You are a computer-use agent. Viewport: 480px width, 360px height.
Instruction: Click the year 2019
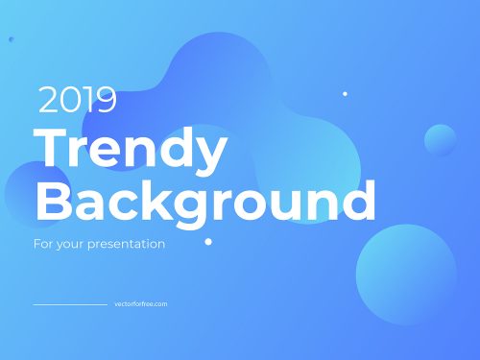tap(77, 100)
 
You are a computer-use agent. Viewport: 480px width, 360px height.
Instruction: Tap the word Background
tap(204, 203)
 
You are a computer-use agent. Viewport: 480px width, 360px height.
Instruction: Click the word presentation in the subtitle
tap(127, 244)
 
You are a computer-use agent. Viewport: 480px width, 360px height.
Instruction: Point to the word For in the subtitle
tap(41, 244)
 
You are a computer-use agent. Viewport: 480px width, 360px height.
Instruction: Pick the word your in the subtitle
tap(68, 245)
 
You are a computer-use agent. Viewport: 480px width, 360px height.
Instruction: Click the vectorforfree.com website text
tap(140, 304)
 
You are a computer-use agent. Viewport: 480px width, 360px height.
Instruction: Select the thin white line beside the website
tap(70, 304)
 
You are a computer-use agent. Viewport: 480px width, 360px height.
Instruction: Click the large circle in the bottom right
tap(406, 274)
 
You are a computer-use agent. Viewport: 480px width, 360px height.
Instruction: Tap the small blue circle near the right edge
tap(441, 140)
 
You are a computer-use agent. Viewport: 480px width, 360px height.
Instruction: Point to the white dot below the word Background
tap(208, 242)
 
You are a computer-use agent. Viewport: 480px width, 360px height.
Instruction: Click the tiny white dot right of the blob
tap(345, 94)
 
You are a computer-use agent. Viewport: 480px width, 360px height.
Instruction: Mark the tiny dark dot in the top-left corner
tap(11, 39)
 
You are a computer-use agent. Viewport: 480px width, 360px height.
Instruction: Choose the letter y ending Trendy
tap(213, 154)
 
